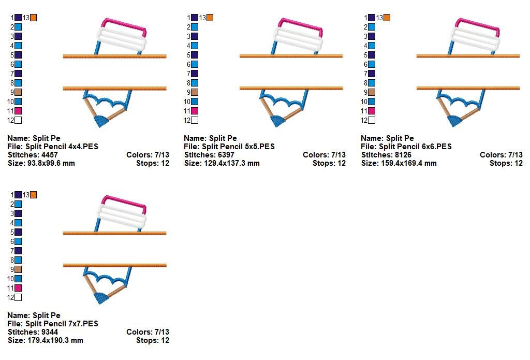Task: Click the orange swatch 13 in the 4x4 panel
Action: (33, 18)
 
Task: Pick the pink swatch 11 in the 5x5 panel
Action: (195, 111)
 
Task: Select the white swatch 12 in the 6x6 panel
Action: (372, 120)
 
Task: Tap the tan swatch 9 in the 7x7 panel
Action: (18, 269)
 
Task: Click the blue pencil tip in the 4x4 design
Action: (100, 121)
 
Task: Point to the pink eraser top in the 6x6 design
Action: (477, 24)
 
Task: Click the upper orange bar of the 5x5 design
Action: (291, 56)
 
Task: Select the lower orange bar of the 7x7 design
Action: (114, 265)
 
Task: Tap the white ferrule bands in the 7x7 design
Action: (123, 215)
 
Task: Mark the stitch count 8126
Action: (403, 155)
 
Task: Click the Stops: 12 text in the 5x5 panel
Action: (329, 163)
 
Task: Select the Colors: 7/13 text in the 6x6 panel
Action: (501, 155)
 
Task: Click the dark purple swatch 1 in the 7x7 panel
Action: (18, 195)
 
